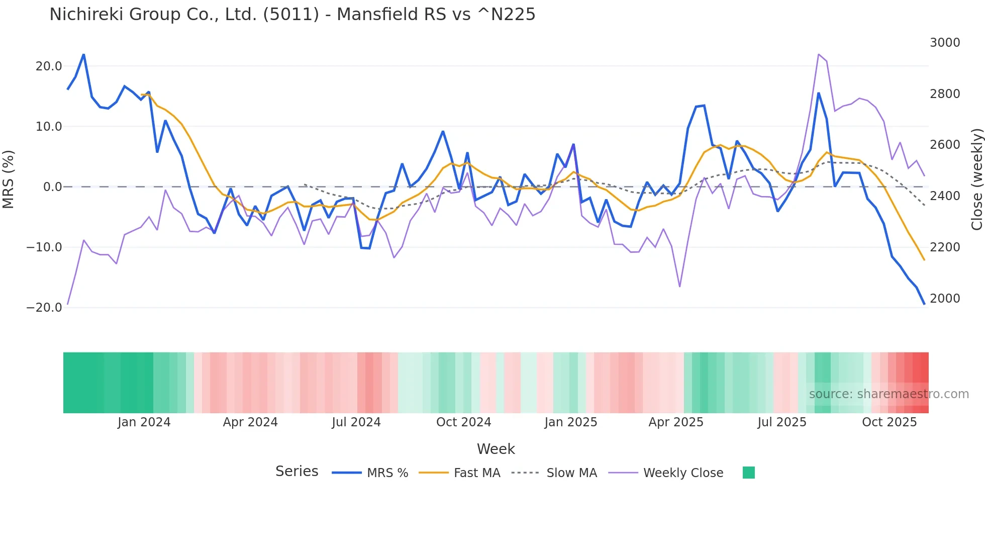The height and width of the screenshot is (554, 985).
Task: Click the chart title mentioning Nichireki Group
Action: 292,15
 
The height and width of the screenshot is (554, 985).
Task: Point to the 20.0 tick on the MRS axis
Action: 48,66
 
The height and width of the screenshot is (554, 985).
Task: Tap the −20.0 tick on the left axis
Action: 44,308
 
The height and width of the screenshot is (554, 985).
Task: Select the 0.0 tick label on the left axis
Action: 52,187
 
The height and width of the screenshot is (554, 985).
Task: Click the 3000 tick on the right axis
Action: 944,43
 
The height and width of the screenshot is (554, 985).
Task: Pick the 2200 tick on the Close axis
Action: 944,247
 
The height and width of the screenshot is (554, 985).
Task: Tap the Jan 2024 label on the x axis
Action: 144,422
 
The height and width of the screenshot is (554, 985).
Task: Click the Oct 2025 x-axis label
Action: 889,422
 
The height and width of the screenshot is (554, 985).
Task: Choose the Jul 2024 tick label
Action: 356,422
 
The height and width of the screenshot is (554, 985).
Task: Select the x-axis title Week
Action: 496,449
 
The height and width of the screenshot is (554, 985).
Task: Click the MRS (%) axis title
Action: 9,179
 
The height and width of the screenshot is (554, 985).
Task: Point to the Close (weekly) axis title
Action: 976,179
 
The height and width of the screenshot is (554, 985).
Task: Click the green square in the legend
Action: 748,473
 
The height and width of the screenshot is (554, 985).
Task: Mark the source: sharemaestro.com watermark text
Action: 889,394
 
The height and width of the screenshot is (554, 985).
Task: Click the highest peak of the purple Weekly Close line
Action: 818,54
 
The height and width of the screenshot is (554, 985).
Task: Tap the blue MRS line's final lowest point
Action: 924,304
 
